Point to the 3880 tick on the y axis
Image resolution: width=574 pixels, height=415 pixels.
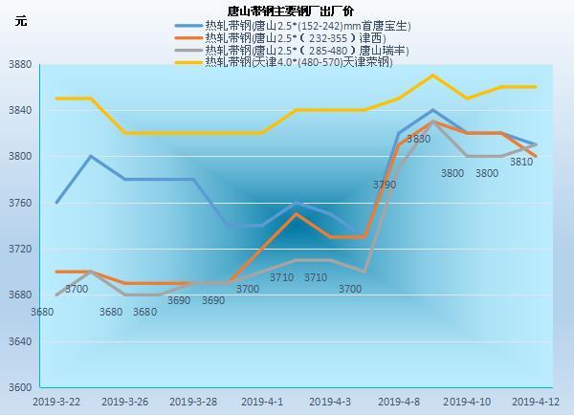coord(20,65)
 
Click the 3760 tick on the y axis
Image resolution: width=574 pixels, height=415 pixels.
coord(20,203)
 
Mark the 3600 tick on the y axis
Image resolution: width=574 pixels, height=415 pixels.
coord(20,387)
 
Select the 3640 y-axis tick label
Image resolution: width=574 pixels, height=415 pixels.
coord(20,341)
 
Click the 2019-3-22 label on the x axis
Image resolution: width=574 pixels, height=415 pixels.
coord(56,402)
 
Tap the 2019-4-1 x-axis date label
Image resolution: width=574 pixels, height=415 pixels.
coord(261,402)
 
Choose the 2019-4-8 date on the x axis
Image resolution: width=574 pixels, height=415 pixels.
coord(399,402)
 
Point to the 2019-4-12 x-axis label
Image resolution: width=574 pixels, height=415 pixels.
coord(535,402)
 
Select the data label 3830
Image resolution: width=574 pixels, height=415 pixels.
coord(418,140)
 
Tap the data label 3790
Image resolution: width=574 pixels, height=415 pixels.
coord(384,185)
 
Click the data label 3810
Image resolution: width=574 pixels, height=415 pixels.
coord(521,163)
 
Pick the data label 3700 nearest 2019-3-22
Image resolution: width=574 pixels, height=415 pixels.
coord(77,289)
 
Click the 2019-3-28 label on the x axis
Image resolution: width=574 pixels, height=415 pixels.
coord(193,402)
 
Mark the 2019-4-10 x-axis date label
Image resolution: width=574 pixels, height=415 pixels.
coord(467,402)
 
